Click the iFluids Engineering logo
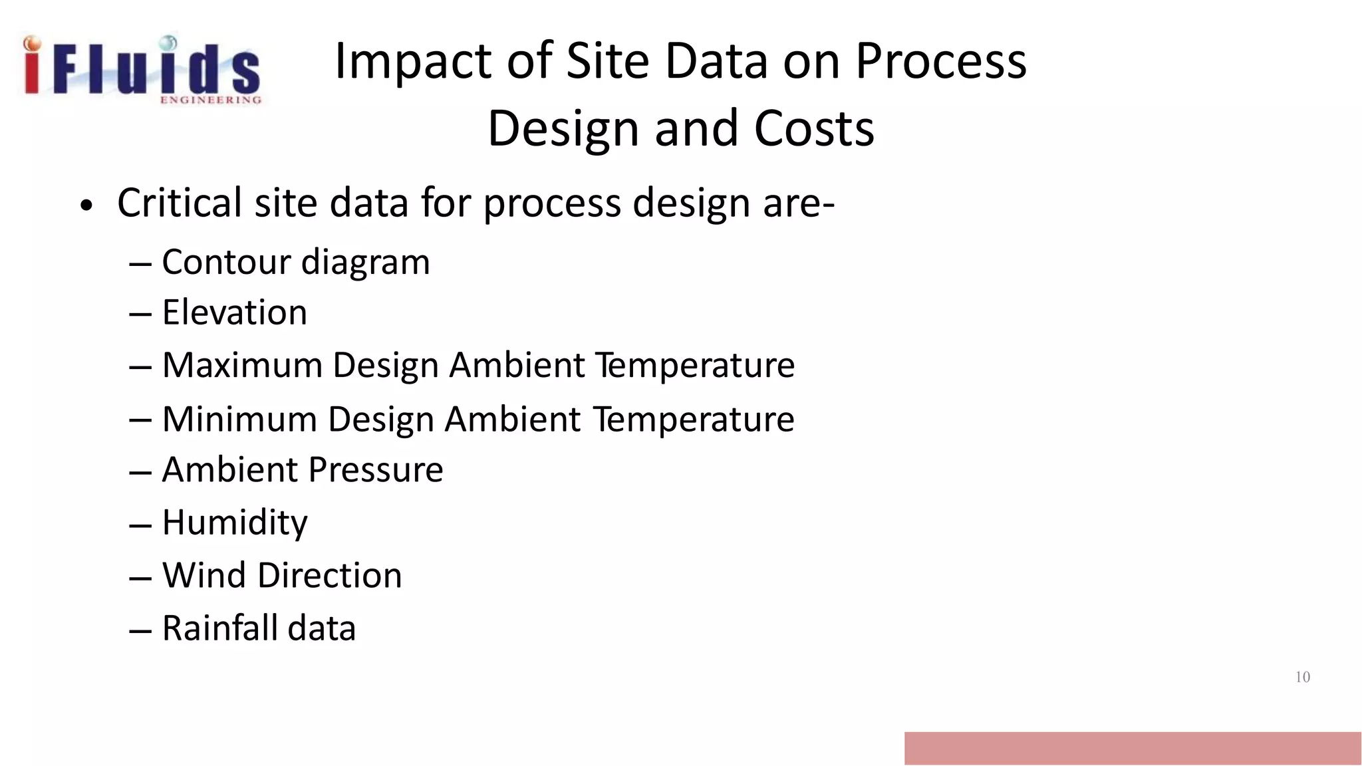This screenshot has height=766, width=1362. [141, 70]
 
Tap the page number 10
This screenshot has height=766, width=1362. [1302, 677]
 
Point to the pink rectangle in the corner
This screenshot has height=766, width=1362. [1132, 748]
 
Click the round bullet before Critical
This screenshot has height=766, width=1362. [85, 206]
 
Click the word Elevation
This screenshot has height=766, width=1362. [234, 312]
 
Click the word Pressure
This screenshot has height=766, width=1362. [376, 470]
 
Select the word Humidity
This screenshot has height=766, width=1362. [234, 523]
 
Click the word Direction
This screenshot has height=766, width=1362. [329, 575]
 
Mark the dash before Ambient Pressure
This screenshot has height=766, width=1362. [140, 472]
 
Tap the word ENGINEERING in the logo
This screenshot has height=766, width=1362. [210, 100]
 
